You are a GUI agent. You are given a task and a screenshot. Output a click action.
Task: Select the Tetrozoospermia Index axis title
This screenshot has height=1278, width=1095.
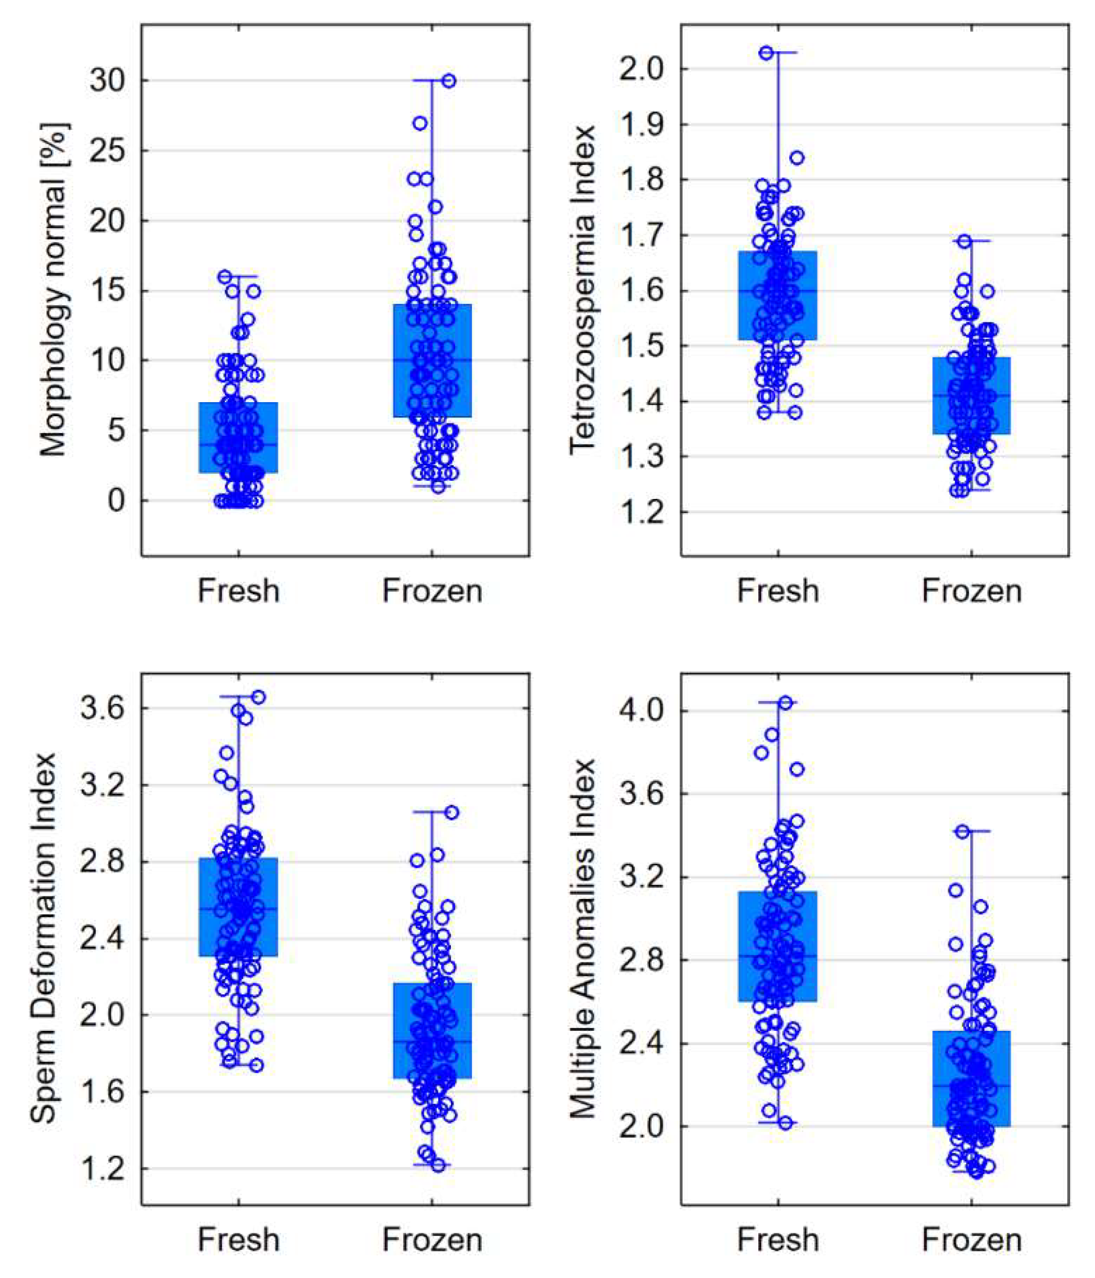tap(582, 290)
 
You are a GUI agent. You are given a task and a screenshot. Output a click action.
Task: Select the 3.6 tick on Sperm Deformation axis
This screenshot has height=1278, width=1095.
tap(101, 708)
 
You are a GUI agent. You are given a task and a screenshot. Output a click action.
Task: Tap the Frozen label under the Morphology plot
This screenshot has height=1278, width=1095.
tap(432, 591)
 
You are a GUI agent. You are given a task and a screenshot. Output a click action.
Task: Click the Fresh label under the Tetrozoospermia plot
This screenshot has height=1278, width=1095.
tap(778, 591)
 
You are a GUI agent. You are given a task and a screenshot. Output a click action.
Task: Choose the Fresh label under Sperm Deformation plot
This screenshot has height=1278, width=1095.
tap(239, 1239)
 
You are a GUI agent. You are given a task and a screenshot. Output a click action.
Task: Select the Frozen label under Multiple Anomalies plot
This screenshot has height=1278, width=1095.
tap(971, 1239)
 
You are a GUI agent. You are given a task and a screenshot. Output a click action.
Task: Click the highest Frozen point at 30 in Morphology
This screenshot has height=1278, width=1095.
tap(448, 81)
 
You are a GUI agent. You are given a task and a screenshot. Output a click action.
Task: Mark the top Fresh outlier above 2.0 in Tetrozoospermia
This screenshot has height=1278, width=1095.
tap(766, 53)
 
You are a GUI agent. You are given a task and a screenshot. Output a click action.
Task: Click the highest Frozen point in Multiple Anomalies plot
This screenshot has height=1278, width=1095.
tap(963, 831)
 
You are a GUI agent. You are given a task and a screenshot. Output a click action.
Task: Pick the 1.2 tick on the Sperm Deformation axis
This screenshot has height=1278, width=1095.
tap(101, 1168)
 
